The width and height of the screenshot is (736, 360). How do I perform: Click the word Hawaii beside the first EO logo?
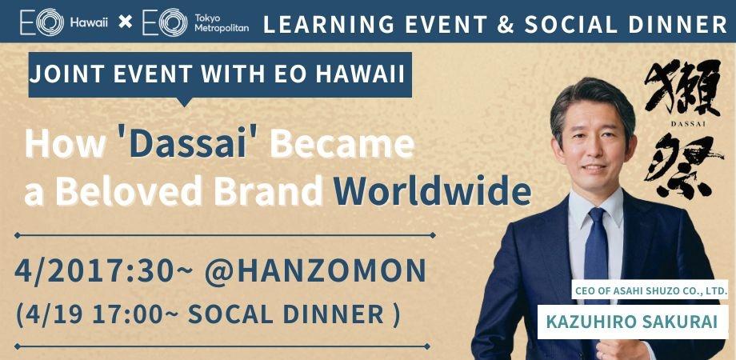tap(89, 22)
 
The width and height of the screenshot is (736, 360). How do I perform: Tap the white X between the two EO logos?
tap(126, 22)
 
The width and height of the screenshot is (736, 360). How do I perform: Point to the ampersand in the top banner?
tap(505, 23)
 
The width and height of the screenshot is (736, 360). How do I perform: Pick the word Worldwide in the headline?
tap(432, 192)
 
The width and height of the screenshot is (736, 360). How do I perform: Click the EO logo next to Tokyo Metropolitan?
tap(164, 22)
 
